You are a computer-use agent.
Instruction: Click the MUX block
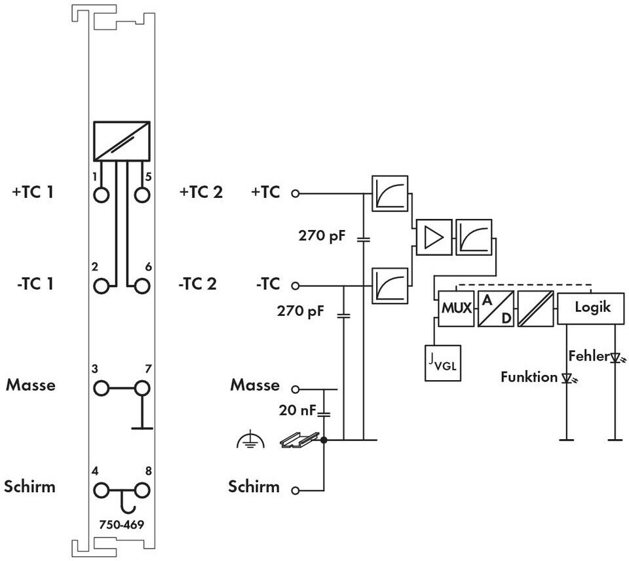(x=456, y=309)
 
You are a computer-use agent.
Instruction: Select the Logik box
(x=591, y=308)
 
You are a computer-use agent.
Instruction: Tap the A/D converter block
(x=496, y=309)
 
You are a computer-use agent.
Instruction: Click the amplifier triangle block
(x=434, y=237)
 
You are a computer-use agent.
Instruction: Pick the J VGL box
(x=443, y=363)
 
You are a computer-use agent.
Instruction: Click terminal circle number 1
(x=101, y=195)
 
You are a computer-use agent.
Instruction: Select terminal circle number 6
(x=142, y=286)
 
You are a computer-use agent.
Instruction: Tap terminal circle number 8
(x=142, y=490)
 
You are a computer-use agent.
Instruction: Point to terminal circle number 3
(x=101, y=389)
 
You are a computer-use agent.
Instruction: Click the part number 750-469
(x=122, y=524)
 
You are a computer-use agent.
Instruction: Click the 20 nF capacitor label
(x=297, y=410)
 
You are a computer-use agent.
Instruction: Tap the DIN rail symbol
(x=300, y=440)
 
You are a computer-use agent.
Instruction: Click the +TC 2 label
(x=201, y=192)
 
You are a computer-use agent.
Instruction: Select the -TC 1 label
(x=35, y=284)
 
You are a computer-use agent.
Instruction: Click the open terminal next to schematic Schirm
(x=295, y=490)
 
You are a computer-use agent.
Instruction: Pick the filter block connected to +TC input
(x=390, y=193)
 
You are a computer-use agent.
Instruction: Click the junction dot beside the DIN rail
(x=324, y=440)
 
